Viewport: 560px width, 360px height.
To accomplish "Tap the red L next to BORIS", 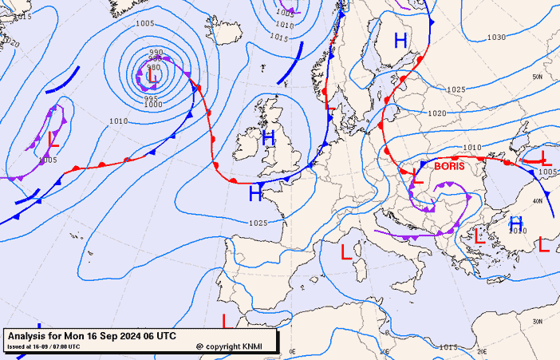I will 416,175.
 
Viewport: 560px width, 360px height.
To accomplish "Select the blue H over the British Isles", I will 269,137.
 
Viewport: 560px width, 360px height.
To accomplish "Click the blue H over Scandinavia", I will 400,39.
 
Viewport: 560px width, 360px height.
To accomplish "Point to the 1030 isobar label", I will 496,38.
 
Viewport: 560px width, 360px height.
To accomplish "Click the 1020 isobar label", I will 437,113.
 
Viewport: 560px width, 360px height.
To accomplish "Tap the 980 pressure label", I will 154,68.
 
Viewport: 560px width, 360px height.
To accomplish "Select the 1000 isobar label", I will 153,105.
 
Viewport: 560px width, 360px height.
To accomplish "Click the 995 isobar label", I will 152,97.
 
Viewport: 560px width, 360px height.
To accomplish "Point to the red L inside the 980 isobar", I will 151,78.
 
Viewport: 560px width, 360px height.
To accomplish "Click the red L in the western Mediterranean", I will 346,252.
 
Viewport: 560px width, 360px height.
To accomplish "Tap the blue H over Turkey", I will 516,223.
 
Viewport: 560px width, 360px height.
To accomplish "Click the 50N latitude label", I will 538,77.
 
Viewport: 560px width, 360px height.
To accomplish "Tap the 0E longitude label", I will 292,351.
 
